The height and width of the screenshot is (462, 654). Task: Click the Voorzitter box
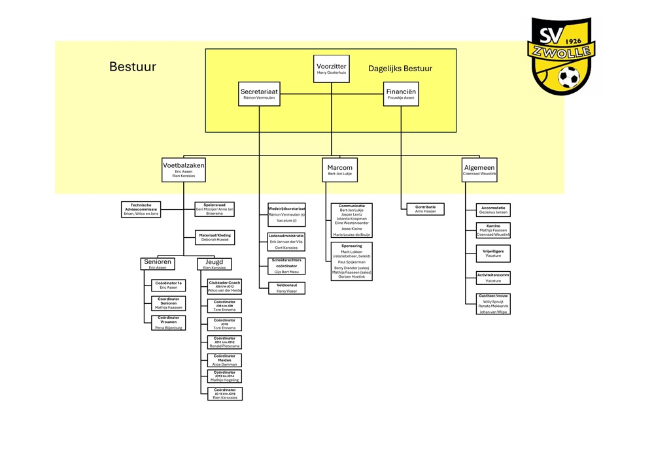[x=331, y=69]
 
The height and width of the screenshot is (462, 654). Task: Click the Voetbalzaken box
[x=184, y=170]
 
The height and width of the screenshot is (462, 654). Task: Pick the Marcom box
[x=339, y=170]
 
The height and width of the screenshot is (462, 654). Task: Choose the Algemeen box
[x=479, y=170]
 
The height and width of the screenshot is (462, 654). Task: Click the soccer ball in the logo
[x=569, y=78]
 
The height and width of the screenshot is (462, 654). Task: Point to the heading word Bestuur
[x=133, y=67]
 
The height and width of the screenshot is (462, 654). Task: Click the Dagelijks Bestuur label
[x=400, y=68]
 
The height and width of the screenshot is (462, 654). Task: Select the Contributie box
[x=425, y=209]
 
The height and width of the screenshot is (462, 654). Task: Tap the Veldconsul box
[x=286, y=288]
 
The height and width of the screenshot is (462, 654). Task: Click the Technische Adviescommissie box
[x=141, y=209]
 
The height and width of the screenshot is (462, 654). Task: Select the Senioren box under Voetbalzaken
[x=158, y=264]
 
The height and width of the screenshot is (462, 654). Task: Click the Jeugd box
[x=215, y=264]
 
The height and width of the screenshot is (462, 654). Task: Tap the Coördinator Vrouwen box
[x=168, y=323]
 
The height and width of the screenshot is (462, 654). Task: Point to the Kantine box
[x=494, y=230]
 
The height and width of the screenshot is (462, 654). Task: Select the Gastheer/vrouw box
[x=494, y=304]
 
